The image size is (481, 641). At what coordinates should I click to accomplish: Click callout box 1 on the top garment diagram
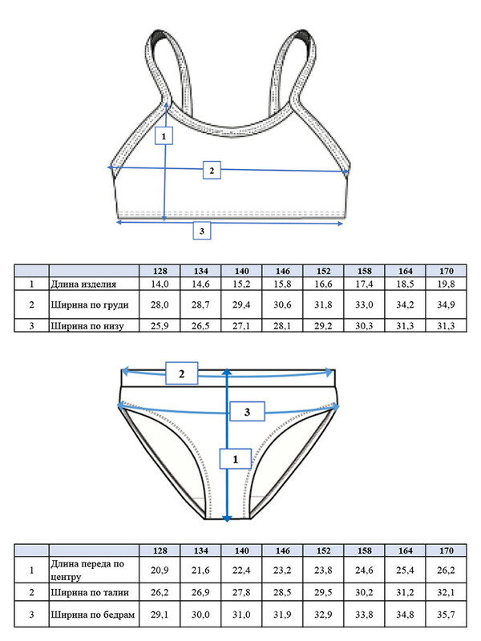[x=164, y=135]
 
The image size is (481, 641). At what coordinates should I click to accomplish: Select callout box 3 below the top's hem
[x=202, y=231]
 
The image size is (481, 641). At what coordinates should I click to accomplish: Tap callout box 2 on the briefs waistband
[x=182, y=373]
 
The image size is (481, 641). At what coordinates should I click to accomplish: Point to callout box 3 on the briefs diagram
[x=247, y=412]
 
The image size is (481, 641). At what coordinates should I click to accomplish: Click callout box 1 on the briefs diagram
[x=235, y=458]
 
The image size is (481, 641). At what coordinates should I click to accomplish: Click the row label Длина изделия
[x=83, y=284]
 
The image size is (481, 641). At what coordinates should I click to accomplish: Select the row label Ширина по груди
[x=90, y=305]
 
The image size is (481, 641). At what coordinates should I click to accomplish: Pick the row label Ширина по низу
[x=87, y=326]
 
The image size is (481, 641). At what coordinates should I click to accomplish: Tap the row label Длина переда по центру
[x=87, y=570]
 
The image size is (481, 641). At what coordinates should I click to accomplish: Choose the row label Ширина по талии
[x=90, y=592]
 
